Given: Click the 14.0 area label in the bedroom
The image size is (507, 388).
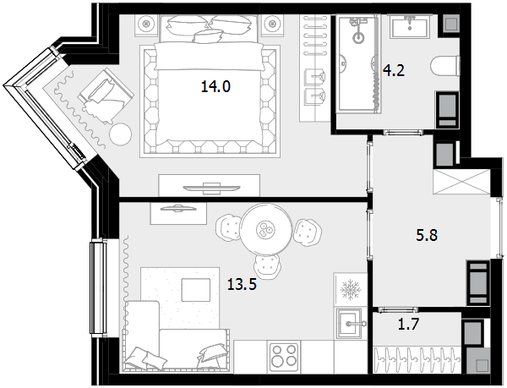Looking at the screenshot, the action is click(x=215, y=87).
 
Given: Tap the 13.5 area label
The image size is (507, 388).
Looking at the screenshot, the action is click(x=242, y=285).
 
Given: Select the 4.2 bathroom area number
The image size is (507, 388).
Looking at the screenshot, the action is click(x=394, y=70).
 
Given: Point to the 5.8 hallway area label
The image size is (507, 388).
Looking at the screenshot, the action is click(x=427, y=235).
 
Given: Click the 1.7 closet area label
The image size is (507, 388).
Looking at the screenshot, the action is click(x=409, y=324).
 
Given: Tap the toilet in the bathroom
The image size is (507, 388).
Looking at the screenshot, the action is click(x=445, y=66).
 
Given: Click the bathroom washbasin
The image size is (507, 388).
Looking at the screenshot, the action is click(x=410, y=27).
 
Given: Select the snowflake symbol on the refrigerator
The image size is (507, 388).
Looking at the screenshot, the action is click(x=351, y=289).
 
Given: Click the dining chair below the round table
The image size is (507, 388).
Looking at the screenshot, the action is click(x=267, y=265).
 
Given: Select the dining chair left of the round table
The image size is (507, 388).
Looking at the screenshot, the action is click(x=228, y=227).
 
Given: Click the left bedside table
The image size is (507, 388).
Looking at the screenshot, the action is click(x=146, y=24).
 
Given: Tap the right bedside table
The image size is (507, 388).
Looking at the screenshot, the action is click(x=273, y=24).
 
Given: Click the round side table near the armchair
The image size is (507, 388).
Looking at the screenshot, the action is click(x=121, y=134).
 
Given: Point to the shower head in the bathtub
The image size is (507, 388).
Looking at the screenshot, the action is click(x=358, y=37).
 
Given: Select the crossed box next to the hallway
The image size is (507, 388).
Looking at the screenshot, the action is click(x=461, y=182).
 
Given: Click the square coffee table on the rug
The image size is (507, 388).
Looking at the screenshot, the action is click(x=196, y=290).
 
